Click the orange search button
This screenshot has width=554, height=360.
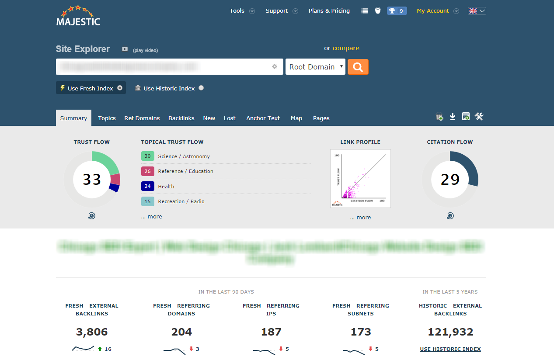(358, 67)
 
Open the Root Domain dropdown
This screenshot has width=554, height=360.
(315, 67)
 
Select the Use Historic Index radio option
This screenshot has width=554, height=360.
(201, 88)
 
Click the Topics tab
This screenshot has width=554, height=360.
(107, 118)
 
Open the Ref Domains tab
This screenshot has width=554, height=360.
(142, 118)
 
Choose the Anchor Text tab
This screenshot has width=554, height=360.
(263, 118)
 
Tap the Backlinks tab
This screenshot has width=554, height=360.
(181, 118)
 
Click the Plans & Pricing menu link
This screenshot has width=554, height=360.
(329, 11)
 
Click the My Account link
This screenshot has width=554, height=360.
(432, 11)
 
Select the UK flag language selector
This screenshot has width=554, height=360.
(477, 11)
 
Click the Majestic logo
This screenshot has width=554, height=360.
(78, 16)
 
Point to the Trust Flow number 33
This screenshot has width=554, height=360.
(92, 180)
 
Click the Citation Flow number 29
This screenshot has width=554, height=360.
(450, 180)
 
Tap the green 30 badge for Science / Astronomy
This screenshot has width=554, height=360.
(148, 156)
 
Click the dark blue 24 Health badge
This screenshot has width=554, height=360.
(148, 187)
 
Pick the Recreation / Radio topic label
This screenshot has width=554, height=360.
(181, 201)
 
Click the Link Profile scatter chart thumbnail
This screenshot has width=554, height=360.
(360, 179)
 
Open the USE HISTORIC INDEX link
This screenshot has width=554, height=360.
(450, 349)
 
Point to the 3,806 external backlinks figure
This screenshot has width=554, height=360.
(92, 332)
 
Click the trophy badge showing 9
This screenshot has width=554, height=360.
(397, 11)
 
